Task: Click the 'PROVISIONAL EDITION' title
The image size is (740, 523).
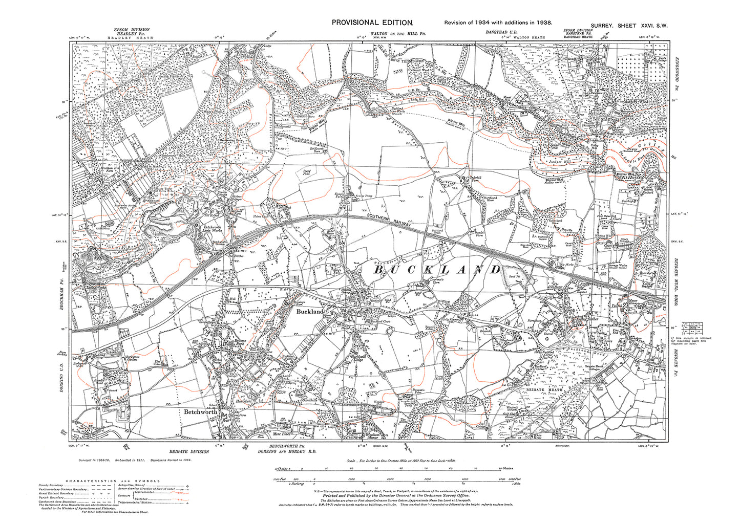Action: [x=372, y=22]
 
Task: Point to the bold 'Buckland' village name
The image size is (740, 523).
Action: [x=310, y=311]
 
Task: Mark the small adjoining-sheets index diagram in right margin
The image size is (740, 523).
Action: [x=694, y=325]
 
